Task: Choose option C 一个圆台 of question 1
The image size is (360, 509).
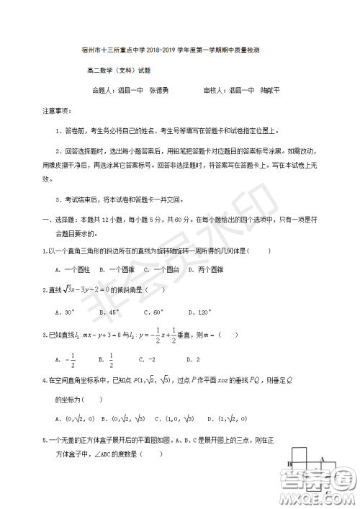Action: [x=160, y=269]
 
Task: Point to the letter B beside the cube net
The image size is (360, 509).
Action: [x=289, y=464]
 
